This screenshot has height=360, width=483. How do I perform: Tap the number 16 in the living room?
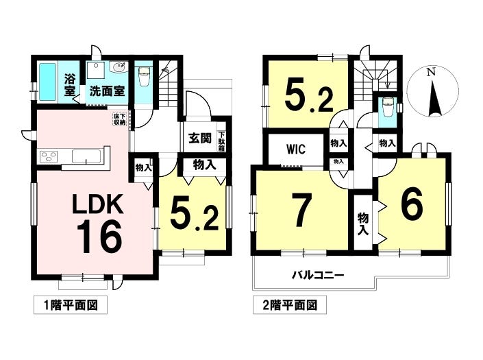pos(99,237)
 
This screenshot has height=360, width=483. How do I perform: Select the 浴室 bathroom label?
pos(70,84)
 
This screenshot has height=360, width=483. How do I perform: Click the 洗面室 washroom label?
pos(106,90)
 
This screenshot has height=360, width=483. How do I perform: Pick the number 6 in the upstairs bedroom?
pos(410,205)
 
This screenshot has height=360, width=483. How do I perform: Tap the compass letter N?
pos(430,72)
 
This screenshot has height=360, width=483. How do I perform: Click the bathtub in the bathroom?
pos(48,83)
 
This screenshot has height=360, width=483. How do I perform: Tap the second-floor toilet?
pos(388,110)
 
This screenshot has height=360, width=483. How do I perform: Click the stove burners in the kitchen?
pos(50,158)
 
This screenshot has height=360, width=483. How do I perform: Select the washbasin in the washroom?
pos(118,69)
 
